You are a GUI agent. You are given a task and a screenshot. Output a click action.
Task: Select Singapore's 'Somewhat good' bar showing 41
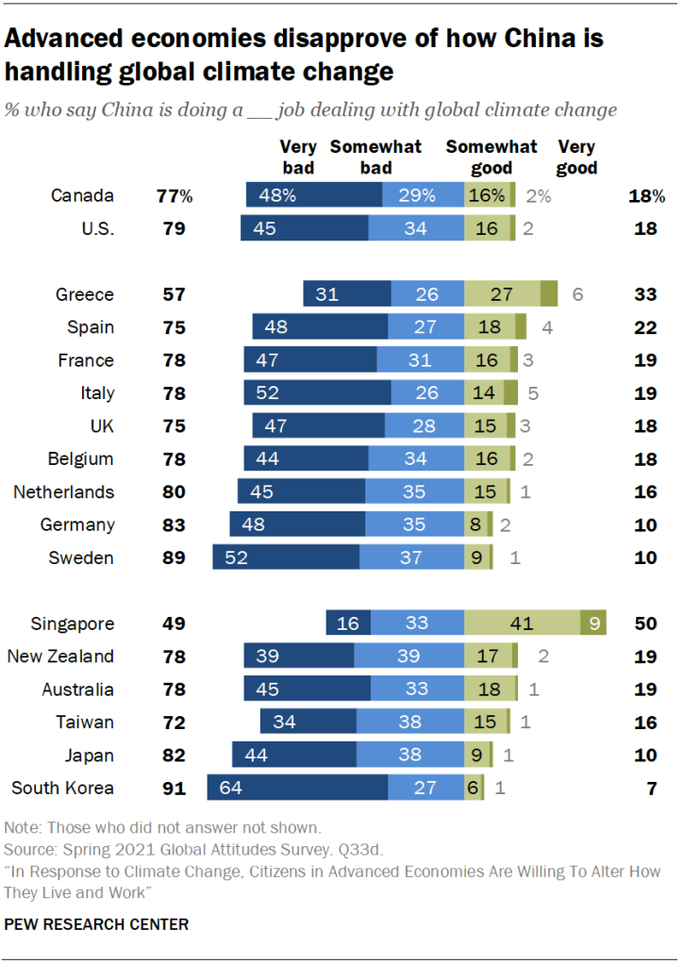click(522, 623)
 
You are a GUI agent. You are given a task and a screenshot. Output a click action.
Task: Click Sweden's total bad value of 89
click(174, 557)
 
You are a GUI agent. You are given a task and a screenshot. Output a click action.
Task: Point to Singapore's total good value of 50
click(645, 623)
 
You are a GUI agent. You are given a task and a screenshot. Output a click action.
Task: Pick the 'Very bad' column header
click(297, 157)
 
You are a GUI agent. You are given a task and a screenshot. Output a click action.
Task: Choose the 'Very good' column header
click(577, 157)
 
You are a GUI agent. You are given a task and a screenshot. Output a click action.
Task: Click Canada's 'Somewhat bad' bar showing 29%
click(423, 196)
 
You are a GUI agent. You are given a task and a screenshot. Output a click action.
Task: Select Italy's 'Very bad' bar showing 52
click(317, 393)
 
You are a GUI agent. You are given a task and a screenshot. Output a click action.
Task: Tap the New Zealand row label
click(60, 657)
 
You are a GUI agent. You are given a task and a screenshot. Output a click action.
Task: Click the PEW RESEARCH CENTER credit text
click(96, 924)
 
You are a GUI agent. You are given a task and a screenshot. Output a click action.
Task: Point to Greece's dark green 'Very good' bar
click(549, 294)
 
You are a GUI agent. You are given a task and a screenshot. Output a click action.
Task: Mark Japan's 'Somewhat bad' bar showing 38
click(409, 756)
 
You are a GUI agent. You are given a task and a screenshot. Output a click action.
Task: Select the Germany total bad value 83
click(174, 524)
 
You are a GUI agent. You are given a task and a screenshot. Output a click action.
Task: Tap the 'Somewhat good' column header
click(491, 157)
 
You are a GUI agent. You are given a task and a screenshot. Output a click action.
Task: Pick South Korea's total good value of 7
click(651, 789)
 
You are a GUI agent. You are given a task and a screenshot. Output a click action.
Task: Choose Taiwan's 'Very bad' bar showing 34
click(308, 723)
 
